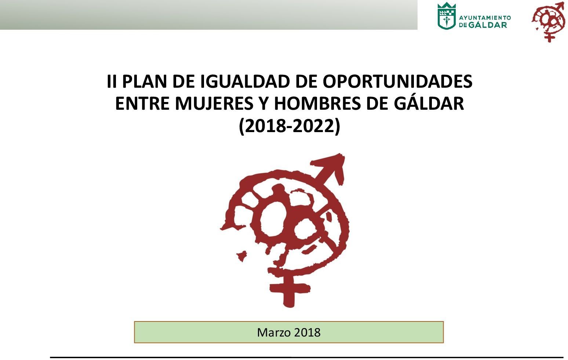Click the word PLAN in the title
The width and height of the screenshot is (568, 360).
145,81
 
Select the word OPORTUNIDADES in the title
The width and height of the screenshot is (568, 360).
397,81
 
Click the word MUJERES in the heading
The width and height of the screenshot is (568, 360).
214,103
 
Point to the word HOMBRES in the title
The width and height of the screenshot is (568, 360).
317,103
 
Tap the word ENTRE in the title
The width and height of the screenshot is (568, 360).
142,103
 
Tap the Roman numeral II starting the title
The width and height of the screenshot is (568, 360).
112,81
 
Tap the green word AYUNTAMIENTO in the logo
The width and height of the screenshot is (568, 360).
485,18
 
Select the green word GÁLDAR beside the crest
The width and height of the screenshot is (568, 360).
487,25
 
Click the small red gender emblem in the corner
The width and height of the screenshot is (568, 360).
548,22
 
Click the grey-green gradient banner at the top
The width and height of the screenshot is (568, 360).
209,15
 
